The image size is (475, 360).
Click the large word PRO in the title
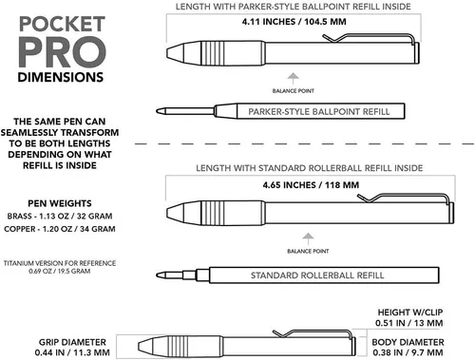(x=62, y=52)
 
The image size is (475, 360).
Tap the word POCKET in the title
(x=62, y=24)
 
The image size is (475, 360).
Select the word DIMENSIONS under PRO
(x=61, y=77)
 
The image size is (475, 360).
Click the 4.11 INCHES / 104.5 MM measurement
(x=294, y=22)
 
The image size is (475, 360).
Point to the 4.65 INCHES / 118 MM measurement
(x=311, y=185)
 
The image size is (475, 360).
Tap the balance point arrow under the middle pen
(x=308, y=238)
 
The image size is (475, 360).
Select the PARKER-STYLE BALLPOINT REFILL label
(x=319, y=112)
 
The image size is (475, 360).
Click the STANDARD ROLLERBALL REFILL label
(x=317, y=275)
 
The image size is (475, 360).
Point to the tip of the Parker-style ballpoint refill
(x=157, y=111)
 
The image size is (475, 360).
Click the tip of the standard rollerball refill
(x=157, y=275)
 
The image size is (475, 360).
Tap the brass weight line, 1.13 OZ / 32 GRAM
(x=60, y=217)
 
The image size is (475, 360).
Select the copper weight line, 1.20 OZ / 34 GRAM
(x=60, y=229)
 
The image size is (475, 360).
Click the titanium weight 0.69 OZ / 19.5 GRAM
(x=60, y=271)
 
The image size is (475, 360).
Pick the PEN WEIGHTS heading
(x=60, y=203)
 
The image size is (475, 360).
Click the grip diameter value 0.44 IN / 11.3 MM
(x=72, y=352)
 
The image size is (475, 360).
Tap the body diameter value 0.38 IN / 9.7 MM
(x=408, y=352)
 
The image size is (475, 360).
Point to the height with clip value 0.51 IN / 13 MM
(x=409, y=323)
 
